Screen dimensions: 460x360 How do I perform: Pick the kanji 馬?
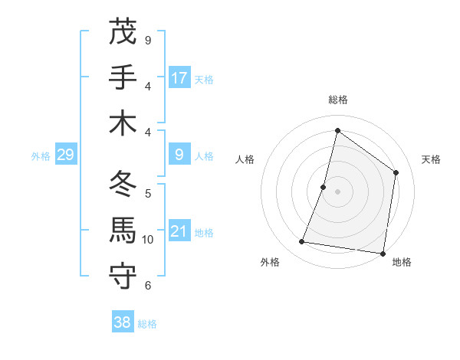coord(123,231)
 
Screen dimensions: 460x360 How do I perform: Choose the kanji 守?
coord(123,277)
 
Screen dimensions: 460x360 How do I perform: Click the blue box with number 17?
coord(179,77)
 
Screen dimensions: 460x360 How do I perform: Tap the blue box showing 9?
coord(179,155)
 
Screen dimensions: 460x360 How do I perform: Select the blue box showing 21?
coord(179,231)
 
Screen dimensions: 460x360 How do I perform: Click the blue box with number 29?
coord(65,155)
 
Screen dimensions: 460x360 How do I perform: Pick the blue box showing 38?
coord(123,322)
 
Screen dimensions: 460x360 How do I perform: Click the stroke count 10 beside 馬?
coord(147,240)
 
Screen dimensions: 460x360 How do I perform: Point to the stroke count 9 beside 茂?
coord(147,40)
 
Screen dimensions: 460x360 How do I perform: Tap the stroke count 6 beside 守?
coord(147,286)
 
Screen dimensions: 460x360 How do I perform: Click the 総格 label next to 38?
coord(147,324)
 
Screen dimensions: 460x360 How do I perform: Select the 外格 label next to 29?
coord(41,156)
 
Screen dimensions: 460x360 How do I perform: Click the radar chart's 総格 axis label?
coord(337,100)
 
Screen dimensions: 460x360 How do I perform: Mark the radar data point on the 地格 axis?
coord(383,253)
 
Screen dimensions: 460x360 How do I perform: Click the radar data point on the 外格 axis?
coord(302,242)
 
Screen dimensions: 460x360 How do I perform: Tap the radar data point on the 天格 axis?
coord(396,172)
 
